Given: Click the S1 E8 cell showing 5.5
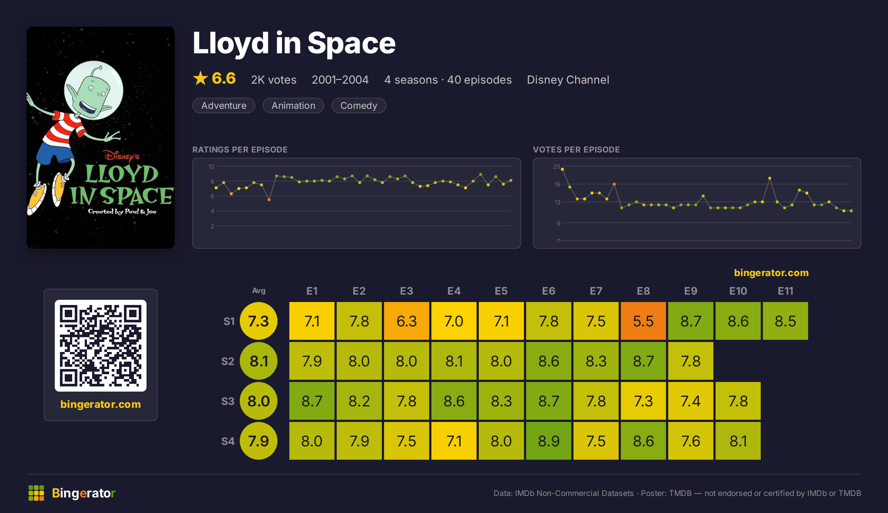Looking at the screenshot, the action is [x=643, y=321].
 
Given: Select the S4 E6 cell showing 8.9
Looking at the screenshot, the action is [x=549, y=441].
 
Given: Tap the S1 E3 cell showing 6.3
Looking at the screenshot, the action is [x=407, y=321].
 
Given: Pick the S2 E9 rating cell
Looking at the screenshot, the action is [x=691, y=361].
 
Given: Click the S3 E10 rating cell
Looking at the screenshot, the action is [x=738, y=401].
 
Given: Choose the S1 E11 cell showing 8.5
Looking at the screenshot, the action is [x=786, y=321].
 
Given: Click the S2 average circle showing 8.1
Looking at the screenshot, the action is [x=259, y=361].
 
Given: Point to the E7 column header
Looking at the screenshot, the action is [x=596, y=291].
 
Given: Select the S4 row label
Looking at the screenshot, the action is [x=228, y=441].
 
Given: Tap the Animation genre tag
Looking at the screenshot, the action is [x=293, y=105].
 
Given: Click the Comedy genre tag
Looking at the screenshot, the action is [x=359, y=105].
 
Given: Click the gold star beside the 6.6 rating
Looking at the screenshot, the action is [x=201, y=78].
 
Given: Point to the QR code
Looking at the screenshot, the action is [x=101, y=346].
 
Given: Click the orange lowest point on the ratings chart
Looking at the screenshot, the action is [x=269, y=200].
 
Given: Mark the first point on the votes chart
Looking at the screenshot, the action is [x=562, y=169].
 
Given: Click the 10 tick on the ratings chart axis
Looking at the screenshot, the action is [x=211, y=167].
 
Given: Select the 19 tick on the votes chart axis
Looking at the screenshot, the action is [x=557, y=184].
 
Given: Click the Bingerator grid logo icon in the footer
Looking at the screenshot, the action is [x=36, y=493].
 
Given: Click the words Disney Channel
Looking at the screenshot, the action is [x=568, y=80].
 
